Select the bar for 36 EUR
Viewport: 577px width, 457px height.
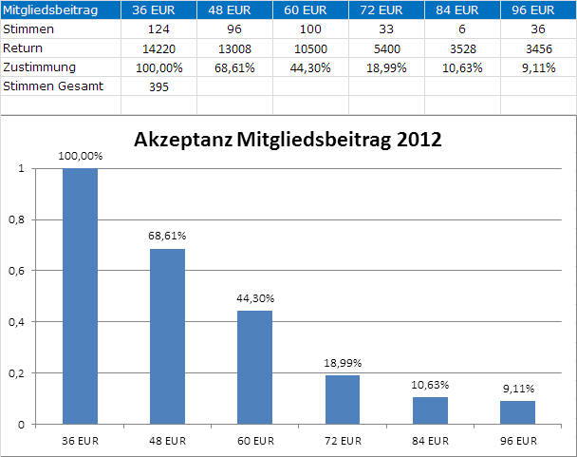pos(80,295)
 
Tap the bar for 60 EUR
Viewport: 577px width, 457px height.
pos(254,366)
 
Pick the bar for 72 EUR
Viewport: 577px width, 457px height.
pos(343,398)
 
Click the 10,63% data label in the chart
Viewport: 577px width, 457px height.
pos(430,385)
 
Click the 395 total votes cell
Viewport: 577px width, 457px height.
pos(159,86)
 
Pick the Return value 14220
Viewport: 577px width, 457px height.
pos(159,48)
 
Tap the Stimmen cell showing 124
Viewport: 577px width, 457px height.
pos(159,29)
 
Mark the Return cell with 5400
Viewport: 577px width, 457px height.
pos(386,48)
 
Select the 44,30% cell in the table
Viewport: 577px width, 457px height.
pos(310,67)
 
